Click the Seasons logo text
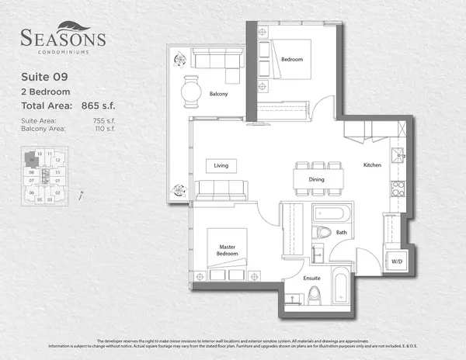click(63, 37)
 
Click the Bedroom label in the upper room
click(291, 60)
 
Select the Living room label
click(221, 165)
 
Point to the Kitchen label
click(373, 165)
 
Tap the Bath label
click(341, 232)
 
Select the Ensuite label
click(292, 277)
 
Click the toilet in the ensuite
click(315, 296)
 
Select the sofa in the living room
click(222, 189)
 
